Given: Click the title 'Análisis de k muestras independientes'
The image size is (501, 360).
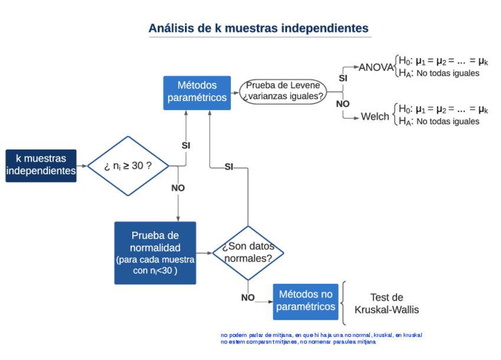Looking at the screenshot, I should (258, 28).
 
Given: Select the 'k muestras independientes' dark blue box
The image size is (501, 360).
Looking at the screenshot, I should (41, 165).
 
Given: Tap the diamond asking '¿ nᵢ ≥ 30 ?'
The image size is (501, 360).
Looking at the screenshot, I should (128, 166).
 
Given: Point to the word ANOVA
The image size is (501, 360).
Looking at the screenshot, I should (376, 67).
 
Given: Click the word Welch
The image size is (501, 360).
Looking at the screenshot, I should (375, 116).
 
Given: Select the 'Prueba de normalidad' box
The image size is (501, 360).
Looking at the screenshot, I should (155, 252).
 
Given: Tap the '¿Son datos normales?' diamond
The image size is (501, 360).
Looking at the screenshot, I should (248, 253).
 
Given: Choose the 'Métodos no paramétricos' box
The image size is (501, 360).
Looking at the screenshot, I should (305, 300).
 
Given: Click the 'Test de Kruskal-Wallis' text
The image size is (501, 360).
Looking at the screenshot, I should (386, 303).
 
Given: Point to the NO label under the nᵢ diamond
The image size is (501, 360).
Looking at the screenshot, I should (178, 188).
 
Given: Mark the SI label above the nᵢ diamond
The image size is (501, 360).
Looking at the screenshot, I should (186, 145).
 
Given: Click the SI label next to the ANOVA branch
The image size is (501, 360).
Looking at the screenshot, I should (343, 77).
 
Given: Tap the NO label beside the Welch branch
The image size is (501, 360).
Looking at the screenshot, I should (343, 103).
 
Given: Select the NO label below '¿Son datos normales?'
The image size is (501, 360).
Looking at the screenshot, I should (248, 297).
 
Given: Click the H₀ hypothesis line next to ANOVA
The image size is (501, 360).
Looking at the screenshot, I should (443, 61).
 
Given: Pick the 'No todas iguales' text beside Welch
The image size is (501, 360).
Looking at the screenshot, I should (447, 122).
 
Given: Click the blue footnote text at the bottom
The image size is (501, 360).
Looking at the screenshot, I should (321, 338).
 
